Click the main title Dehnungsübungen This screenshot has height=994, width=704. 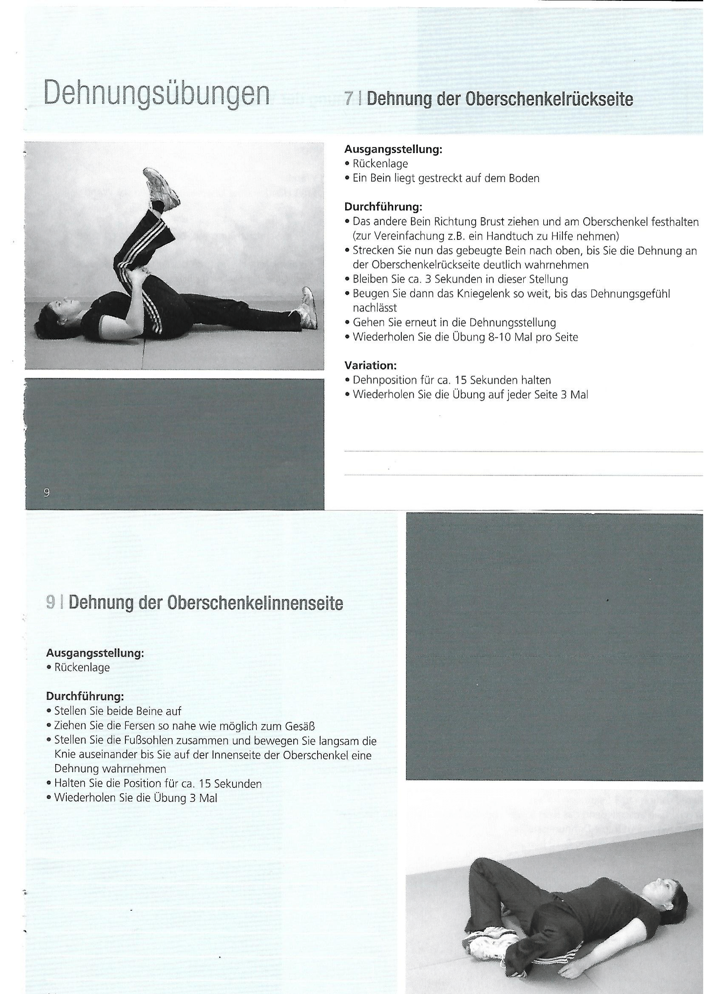(x=156, y=93)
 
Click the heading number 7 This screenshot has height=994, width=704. (x=348, y=99)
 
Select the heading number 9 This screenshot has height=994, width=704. (x=51, y=603)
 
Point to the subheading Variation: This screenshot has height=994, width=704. (x=371, y=365)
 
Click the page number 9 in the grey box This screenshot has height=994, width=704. (x=47, y=492)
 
